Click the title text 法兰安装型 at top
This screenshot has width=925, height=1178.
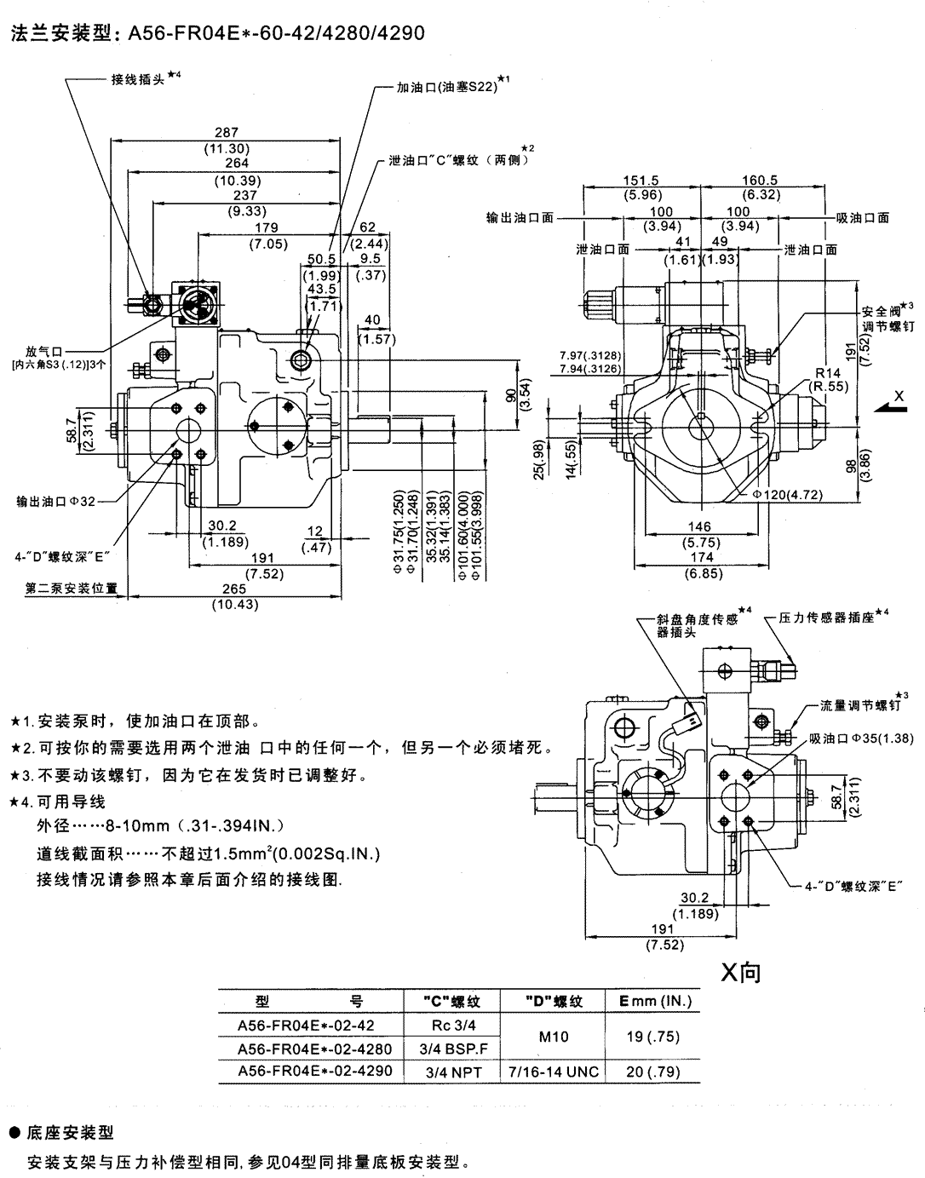pyautogui.click(x=65, y=33)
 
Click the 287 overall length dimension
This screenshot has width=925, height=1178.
pyautogui.click(x=226, y=133)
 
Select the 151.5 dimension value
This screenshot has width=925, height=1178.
pyautogui.click(x=641, y=181)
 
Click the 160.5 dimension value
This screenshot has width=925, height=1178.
pyautogui.click(x=761, y=181)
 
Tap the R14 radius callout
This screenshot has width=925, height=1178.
pyautogui.click(x=827, y=373)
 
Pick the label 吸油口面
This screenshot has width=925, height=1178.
pyautogui.click(x=862, y=218)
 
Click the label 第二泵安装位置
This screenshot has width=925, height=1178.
pyautogui.click(x=71, y=589)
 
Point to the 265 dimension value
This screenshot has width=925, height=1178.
pyautogui.click(x=233, y=589)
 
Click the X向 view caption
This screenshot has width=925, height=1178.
pyautogui.click(x=740, y=973)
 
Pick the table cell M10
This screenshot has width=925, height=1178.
pyautogui.click(x=554, y=1037)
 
